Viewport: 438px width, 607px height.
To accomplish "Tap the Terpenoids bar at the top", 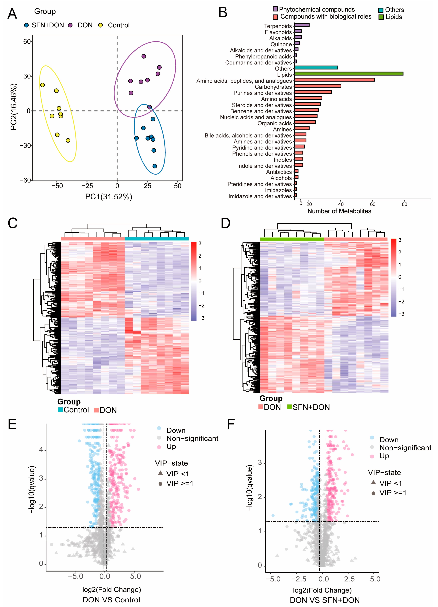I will point(302,25).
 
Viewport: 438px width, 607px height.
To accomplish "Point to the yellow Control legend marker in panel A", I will point(101,25).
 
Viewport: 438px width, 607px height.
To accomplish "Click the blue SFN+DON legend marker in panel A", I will point(26,25).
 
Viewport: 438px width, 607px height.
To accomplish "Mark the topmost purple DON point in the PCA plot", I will point(144,56).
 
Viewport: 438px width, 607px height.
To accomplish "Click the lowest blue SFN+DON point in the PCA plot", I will point(155,166).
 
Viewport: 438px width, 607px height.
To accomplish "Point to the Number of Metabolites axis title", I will point(339,211).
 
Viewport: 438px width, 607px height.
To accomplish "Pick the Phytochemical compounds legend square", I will point(275,9).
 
